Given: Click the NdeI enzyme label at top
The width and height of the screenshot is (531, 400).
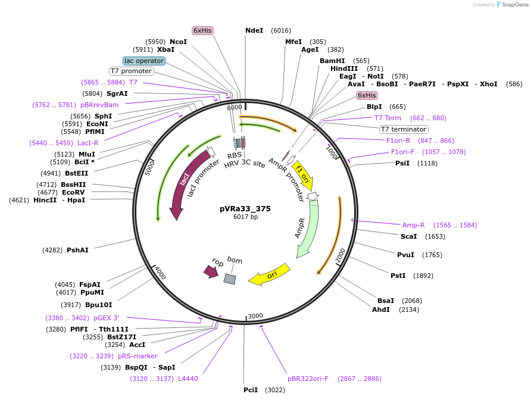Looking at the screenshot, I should point(254,30).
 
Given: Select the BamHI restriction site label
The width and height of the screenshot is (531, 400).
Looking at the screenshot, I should point(332,61).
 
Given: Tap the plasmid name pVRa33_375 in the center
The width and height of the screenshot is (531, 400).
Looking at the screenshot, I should point(245,208).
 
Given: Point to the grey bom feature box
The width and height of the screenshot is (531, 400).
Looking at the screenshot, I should point(230,279).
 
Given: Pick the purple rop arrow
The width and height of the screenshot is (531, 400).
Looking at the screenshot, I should point(211,271).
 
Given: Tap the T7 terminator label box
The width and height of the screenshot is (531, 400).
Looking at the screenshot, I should point(404,129).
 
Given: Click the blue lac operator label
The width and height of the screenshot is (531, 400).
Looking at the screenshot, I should point(143,61).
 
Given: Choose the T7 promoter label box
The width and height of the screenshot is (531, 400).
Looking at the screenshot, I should point(132,71).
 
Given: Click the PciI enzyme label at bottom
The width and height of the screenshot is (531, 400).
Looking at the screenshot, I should point(251,390).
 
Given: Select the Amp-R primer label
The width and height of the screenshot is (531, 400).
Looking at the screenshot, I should point(414,225).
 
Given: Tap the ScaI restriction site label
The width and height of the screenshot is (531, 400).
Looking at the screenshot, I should point(408,236).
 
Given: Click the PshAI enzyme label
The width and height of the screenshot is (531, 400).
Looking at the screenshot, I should point(77,250).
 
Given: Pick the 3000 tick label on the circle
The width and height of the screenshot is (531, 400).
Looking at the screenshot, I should point(255,315).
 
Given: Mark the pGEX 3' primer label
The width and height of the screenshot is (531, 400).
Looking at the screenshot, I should point(107,318).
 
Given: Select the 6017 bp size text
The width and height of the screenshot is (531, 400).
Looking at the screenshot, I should point(245,217).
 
